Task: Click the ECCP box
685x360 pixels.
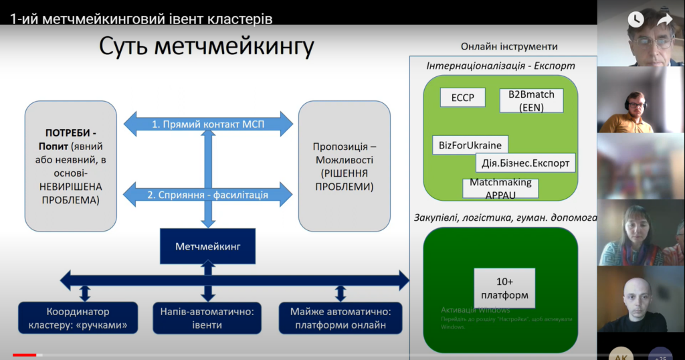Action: [x=462, y=98]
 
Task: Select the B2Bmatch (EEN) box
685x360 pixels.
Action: [x=531, y=100]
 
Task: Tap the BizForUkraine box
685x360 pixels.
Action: [x=470, y=145]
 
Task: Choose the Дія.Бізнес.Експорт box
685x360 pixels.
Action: [x=525, y=163]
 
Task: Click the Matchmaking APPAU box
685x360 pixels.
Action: [x=500, y=188]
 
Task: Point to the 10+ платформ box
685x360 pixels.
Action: [x=504, y=288]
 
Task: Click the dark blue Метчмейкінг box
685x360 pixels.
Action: [x=207, y=246]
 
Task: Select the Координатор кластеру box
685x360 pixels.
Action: [x=78, y=319]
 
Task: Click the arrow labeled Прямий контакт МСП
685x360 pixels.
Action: [x=209, y=123]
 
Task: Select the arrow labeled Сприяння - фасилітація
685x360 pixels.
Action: [x=209, y=195]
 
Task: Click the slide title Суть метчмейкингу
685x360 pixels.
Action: [x=206, y=47]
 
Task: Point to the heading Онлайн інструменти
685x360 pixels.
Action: [x=509, y=47]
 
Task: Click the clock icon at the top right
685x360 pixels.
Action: [x=635, y=19]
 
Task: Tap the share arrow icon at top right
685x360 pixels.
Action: [x=664, y=19]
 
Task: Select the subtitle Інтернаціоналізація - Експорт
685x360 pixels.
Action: [x=500, y=66]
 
